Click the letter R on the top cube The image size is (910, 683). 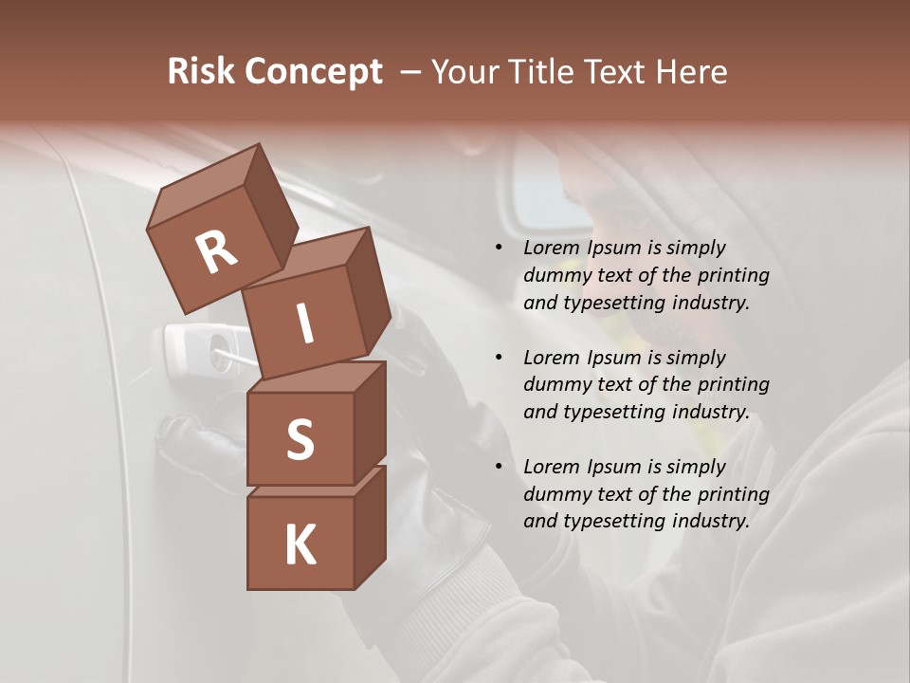click(x=216, y=252)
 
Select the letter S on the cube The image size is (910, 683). click(x=300, y=439)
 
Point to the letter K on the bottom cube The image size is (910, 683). click(x=300, y=545)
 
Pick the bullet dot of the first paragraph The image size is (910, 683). click(x=500, y=249)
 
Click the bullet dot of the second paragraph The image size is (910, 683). click(x=500, y=358)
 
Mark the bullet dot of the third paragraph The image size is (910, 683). click(x=500, y=467)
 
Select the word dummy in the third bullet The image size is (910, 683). click(x=556, y=494)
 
